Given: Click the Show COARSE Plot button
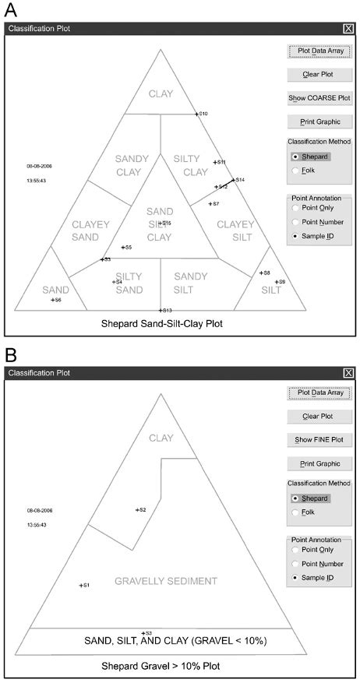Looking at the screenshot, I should click(x=319, y=98).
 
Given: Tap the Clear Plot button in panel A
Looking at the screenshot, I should click(x=319, y=75).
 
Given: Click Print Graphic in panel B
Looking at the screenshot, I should click(x=319, y=464).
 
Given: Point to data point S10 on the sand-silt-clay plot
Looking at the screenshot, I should click(x=196, y=114).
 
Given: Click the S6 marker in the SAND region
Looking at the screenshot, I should click(x=52, y=300).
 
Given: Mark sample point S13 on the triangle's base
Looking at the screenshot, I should click(x=160, y=311).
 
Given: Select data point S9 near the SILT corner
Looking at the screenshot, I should click(x=277, y=281).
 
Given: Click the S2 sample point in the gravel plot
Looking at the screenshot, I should click(x=136, y=510).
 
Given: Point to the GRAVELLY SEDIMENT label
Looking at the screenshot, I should click(x=165, y=581).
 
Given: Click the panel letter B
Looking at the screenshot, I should click(x=11, y=355).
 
